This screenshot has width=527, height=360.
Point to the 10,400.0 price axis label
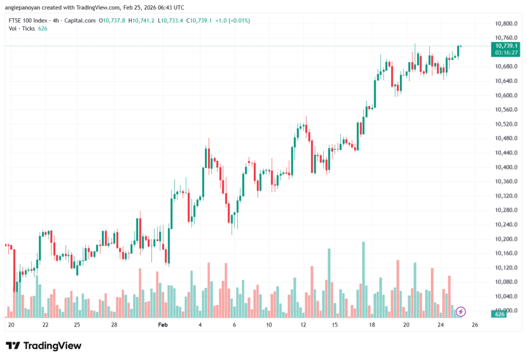click(505, 168)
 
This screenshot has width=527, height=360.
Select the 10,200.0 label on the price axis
click(505, 239)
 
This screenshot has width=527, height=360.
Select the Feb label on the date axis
click(163, 325)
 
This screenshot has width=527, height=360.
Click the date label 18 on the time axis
click(372, 325)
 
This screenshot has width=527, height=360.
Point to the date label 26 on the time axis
click(475, 325)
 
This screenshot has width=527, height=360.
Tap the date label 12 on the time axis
click(303, 325)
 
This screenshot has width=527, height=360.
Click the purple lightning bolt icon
click(461, 312)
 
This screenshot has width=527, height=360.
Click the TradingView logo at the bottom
click(43, 346)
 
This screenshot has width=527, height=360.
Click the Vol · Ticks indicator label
click(22, 28)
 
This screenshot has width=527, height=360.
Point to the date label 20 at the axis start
click(11, 325)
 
